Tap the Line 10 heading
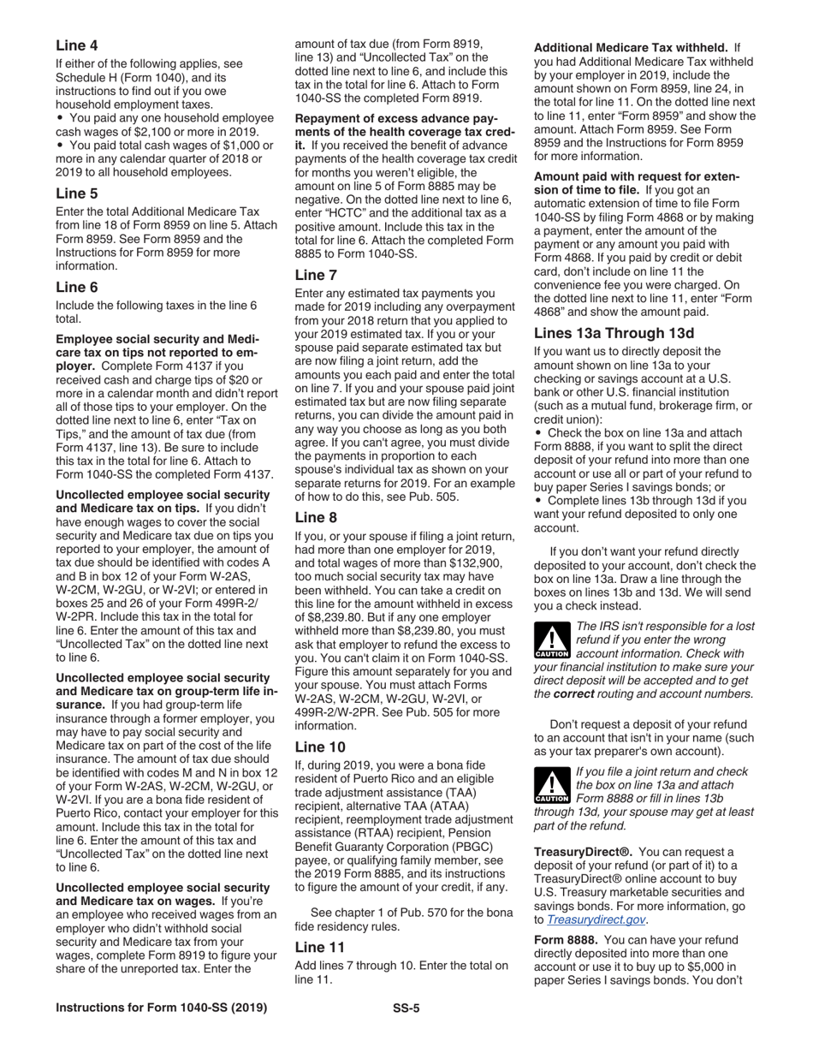[x=319, y=747]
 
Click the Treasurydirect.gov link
[x=597, y=919]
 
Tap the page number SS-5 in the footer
[x=406, y=1008]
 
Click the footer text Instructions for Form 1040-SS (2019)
[x=161, y=1008]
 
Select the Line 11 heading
[x=319, y=947]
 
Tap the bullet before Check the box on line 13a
[x=538, y=433]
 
